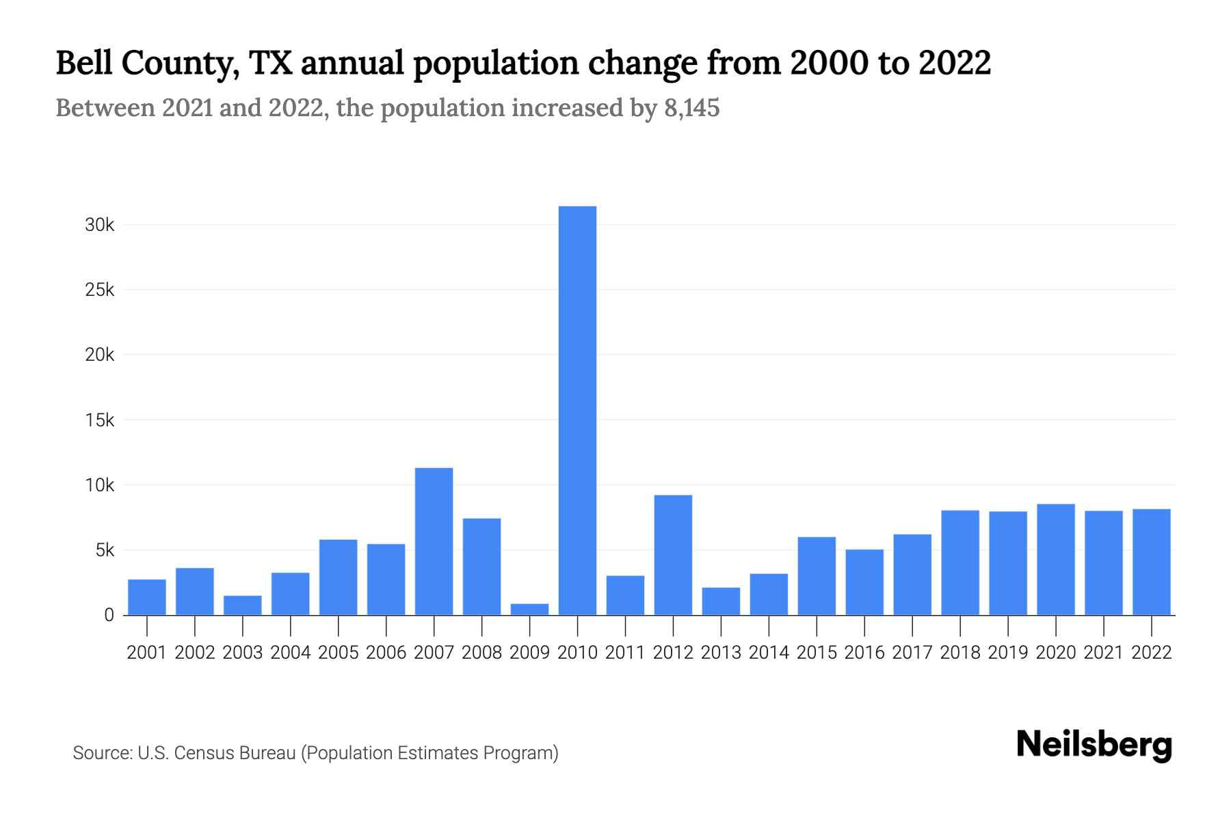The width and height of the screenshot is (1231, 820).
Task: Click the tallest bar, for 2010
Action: click(x=577, y=410)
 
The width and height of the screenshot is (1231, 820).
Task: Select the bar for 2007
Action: click(x=434, y=541)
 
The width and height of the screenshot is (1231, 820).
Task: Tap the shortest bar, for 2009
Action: click(x=529, y=609)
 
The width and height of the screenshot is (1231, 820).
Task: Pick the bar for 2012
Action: click(x=673, y=555)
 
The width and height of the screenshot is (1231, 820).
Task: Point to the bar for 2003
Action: click(x=243, y=605)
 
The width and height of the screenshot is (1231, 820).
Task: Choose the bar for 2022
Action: click(x=1152, y=562)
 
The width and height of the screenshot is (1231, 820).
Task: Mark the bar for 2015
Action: click(x=817, y=576)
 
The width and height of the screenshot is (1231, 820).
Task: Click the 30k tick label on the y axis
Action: click(x=99, y=225)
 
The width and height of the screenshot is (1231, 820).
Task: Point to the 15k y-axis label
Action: click(x=99, y=420)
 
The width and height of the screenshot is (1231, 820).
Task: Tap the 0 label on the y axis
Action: click(x=109, y=615)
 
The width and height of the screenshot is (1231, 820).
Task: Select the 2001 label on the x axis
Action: click(x=147, y=653)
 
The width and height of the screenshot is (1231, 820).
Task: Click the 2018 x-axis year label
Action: click(x=960, y=653)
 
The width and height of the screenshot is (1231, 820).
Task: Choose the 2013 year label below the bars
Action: click(x=721, y=653)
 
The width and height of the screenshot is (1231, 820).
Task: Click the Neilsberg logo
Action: click(x=1094, y=745)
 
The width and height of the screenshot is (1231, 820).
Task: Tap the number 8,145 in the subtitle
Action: click(x=691, y=108)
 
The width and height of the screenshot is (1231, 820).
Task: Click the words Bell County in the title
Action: click(x=147, y=64)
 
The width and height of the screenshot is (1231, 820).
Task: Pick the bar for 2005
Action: click(x=338, y=577)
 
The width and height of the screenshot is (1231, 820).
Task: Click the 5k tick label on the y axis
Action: click(x=104, y=550)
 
